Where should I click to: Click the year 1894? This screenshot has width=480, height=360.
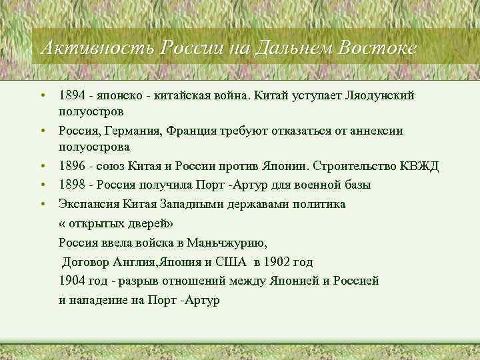tap(71, 95)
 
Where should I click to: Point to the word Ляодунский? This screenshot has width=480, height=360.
tap(378, 95)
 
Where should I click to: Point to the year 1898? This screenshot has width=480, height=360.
tap(71, 185)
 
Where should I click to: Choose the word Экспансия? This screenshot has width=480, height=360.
tap(87, 203)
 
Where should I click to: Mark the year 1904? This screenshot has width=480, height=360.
tap(72, 281)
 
